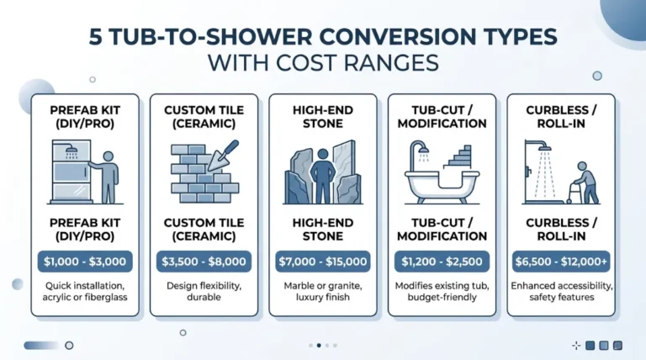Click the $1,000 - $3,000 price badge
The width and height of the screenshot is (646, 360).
(x=84, y=262)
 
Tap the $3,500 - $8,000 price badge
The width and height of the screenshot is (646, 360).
(x=203, y=262)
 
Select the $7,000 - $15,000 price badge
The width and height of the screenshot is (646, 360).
(x=322, y=262)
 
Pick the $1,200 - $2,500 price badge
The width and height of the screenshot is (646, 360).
(x=442, y=262)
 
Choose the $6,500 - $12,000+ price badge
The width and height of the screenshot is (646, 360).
(x=560, y=262)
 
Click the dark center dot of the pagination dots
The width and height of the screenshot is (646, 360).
(x=319, y=345)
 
